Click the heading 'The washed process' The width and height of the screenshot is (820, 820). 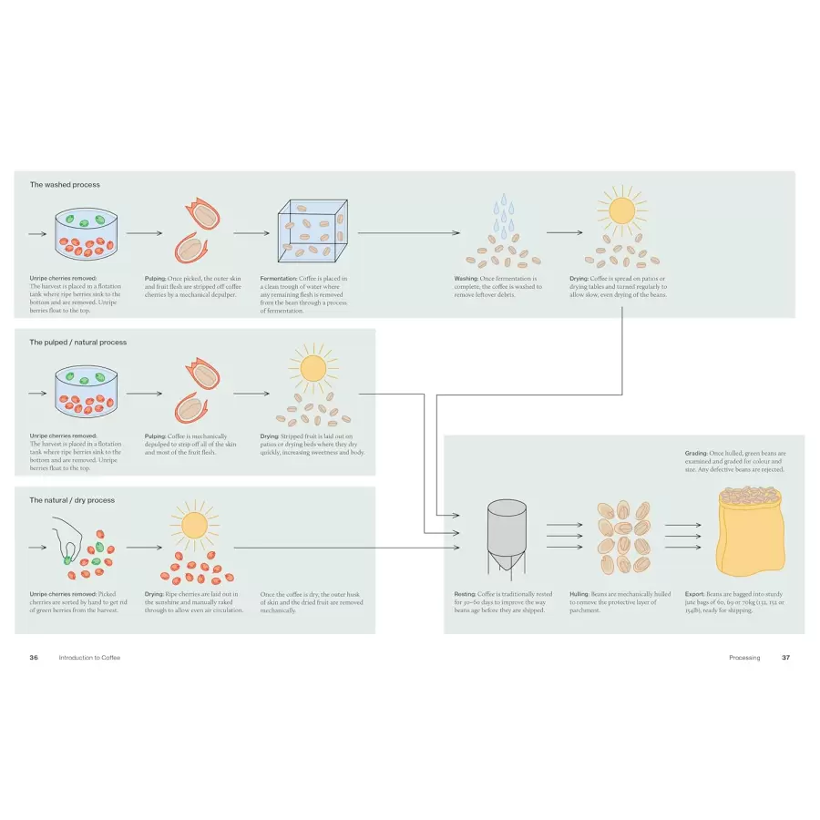(x=65, y=185)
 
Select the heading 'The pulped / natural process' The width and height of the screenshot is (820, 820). (x=78, y=343)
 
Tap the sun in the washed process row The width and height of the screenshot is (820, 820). (x=621, y=211)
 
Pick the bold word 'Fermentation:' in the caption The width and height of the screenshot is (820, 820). (x=279, y=279)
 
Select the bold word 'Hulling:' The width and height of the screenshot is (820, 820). (x=583, y=594)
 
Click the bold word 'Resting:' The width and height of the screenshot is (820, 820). (x=466, y=594)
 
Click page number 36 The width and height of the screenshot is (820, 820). (x=34, y=657)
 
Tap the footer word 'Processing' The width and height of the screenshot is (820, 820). (x=744, y=657)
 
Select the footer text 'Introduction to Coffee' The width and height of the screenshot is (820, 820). (x=89, y=657)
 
